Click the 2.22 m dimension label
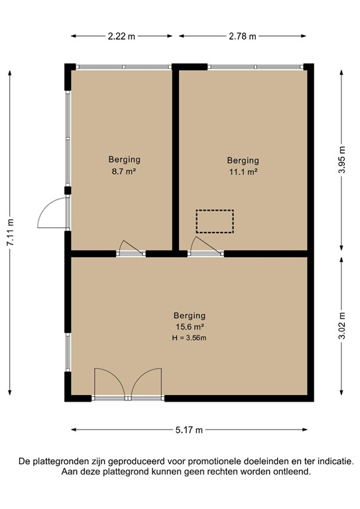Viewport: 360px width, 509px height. [x=121, y=36]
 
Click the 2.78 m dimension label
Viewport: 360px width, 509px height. [x=243, y=36]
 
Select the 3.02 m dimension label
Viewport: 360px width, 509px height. [x=341, y=326]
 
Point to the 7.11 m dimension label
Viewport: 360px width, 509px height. [x=10, y=233]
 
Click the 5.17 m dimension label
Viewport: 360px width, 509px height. [x=189, y=429]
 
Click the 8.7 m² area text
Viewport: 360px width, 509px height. [x=124, y=172]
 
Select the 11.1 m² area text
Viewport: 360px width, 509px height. [x=243, y=172]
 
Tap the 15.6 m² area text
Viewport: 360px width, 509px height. [x=190, y=327]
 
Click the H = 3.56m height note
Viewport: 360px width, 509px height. [x=190, y=339]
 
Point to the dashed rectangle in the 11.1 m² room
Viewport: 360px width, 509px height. [x=215, y=221]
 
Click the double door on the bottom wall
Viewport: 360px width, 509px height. [x=128, y=385]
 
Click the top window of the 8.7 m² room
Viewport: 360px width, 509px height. [x=124, y=67]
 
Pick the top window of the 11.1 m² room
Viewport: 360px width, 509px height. [x=255, y=67]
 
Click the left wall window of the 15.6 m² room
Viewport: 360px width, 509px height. [x=67, y=351]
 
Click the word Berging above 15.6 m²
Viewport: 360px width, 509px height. [x=190, y=315]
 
